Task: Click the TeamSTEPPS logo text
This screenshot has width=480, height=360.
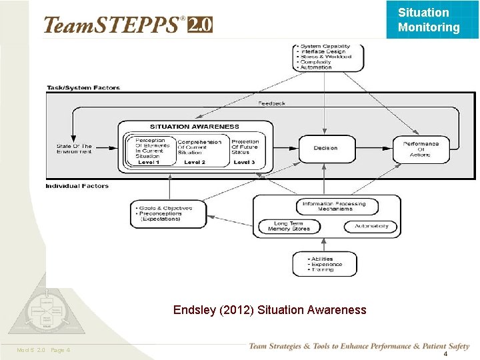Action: (111, 25)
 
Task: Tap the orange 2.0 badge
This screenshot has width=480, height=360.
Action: (200, 25)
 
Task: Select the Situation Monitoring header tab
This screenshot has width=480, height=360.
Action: (429, 20)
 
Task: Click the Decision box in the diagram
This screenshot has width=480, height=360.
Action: (325, 147)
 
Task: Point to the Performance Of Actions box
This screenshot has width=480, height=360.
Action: (421, 149)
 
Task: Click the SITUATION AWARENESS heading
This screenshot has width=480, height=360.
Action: (194, 126)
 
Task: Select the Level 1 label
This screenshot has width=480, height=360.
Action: (148, 162)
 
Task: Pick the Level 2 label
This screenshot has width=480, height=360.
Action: (195, 162)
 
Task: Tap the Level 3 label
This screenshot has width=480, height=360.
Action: (244, 162)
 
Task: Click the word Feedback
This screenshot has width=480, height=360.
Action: (271, 103)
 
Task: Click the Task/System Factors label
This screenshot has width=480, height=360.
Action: (83, 88)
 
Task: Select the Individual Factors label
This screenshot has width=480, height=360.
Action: (77, 186)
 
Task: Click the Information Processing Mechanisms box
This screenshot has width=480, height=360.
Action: (337, 206)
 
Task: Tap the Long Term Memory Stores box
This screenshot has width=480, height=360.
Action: (289, 227)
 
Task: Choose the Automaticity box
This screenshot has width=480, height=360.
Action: (371, 226)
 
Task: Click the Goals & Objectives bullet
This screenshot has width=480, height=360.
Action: (165, 208)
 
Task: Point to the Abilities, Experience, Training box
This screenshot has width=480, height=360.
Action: (324, 264)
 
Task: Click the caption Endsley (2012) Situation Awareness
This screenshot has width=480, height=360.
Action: (269, 310)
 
